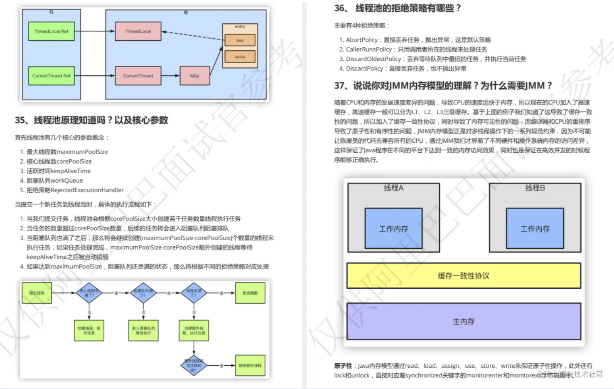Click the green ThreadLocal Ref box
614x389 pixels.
(x=52, y=31)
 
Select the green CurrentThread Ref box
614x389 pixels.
(x=52, y=76)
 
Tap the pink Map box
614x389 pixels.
(x=194, y=76)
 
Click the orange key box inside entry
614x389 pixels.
(x=240, y=40)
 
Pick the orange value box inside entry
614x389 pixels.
(x=240, y=57)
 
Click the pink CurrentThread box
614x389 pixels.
(x=138, y=76)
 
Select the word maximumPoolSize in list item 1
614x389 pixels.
(x=82, y=152)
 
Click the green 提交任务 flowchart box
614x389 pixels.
(x=37, y=293)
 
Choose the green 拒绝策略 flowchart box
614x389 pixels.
(x=250, y=293)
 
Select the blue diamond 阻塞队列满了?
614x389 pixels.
(x=143, y=293)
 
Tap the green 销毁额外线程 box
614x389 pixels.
(x=250, y=366)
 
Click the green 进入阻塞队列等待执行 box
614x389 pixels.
(x=143, y=331)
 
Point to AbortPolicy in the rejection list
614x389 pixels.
(x=362, y=40)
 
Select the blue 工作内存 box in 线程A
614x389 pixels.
(x=393, y=228)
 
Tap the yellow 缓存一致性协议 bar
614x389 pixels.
(x=464, y=275)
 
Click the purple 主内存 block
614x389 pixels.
(x=464, y=321)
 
